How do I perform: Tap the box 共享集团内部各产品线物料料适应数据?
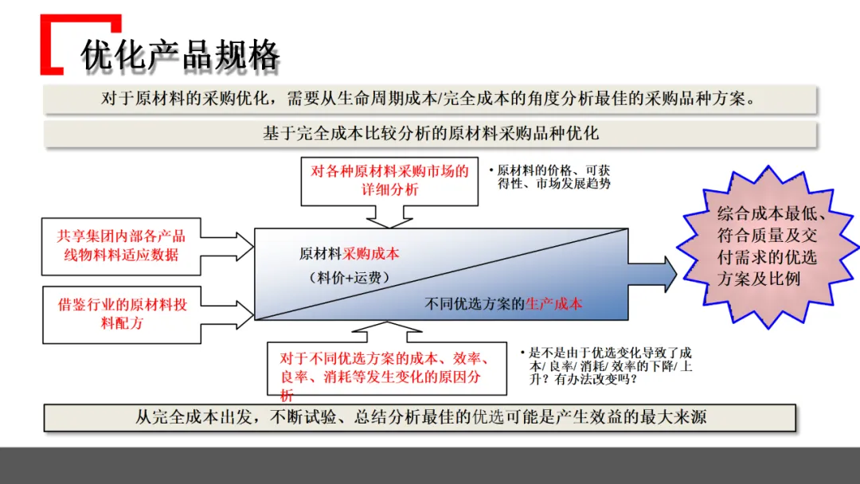[121, 245]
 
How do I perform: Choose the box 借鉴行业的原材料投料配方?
[121, 314]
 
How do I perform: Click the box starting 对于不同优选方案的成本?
[386, 368]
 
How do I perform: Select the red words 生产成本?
[553, 303]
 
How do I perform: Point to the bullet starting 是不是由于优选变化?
[605, 365]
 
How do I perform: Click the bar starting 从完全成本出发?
[420, 417]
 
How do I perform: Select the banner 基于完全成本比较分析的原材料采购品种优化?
[430, 134]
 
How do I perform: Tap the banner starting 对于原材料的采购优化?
[430, 99]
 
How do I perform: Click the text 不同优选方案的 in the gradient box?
[475, 303]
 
